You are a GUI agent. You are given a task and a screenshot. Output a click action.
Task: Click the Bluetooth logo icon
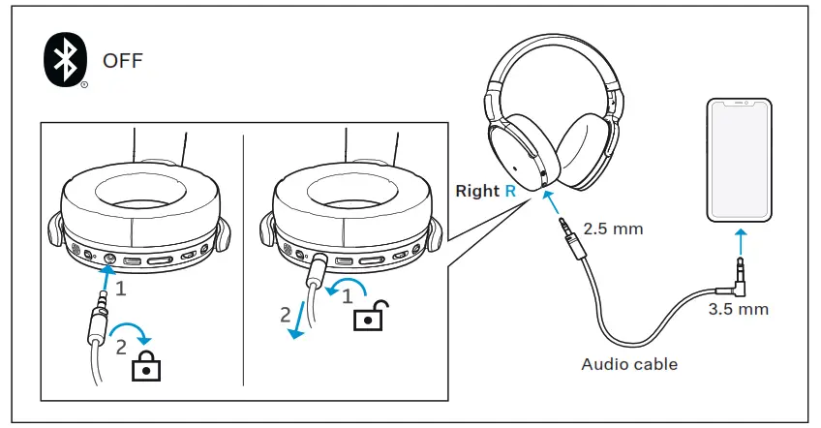point(66,61)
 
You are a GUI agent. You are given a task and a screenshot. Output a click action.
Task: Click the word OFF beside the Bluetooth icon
point(123,62)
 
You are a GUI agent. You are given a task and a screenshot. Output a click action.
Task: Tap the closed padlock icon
point(145,364)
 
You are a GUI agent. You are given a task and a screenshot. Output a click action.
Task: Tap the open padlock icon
point(368,316)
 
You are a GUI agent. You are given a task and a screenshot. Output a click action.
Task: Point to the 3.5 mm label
point(738,309)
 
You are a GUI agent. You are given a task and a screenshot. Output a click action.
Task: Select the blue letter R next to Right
point(509,191)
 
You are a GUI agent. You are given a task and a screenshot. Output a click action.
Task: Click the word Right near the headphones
point(476,191)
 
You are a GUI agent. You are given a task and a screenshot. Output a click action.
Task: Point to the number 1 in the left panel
point(121,288)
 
